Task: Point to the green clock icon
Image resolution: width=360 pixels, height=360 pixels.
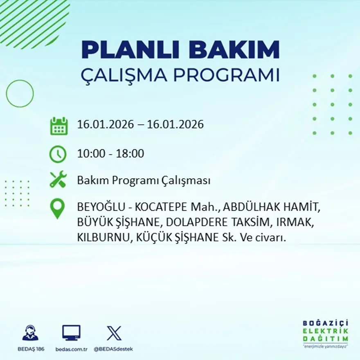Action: pos(58,154)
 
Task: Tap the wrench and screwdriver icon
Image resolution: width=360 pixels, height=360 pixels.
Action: pos(58,180)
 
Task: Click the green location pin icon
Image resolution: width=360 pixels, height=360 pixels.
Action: pos(58,208)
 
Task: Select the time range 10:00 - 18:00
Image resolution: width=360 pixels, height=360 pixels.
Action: pos(110,154)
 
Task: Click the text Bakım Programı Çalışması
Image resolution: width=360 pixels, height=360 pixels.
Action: pos(144,180)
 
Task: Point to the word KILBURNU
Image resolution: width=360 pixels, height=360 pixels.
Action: pos(102,238)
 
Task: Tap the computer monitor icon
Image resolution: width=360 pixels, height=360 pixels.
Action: pos(71,333)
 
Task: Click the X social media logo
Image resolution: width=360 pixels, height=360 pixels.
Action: pos(114,333)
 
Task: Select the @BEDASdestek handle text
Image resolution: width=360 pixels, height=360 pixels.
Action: pos(113,349)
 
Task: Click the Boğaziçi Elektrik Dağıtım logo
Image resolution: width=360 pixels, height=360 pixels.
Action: pos(325,333)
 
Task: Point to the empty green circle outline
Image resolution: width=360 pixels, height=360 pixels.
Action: pos(20,94)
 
